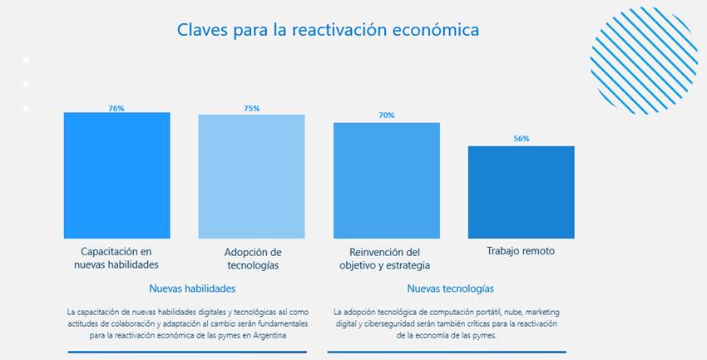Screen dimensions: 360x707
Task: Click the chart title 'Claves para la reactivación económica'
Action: (x=328, y=29)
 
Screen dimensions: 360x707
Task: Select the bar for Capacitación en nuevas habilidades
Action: (x=116, y=175)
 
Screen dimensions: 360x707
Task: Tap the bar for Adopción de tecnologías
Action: (x=251, y=176)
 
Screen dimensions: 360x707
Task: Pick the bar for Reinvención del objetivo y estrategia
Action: (x=387, y=180)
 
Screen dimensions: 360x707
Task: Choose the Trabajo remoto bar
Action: (x=521, y=192)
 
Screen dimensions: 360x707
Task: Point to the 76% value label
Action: (x=116, y=108)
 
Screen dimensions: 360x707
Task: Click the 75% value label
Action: (x=251, y=108)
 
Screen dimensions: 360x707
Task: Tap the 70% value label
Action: (x=387, y=116)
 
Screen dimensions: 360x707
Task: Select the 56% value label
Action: (x=521, y=139)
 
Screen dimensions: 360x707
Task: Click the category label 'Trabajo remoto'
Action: (x=521, y=251)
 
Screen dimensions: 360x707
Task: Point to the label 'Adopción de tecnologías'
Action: (x=253, y=259)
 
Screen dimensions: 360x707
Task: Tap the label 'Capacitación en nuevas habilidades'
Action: (x=116, y=259)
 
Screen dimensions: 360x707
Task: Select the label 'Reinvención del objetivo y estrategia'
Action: (x=385, y=259)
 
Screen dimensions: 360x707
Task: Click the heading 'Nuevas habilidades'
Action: (x=192, y=288)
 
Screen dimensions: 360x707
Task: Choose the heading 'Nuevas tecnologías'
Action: (x=450, y=288)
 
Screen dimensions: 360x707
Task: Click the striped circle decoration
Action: (x=643, y=60)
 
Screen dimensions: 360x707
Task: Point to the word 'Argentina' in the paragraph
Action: (x=266, y=336)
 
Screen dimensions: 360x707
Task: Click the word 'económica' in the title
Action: (x=440, y=29)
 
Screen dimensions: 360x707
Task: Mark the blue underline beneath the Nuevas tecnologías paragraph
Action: (x=446, y=352)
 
